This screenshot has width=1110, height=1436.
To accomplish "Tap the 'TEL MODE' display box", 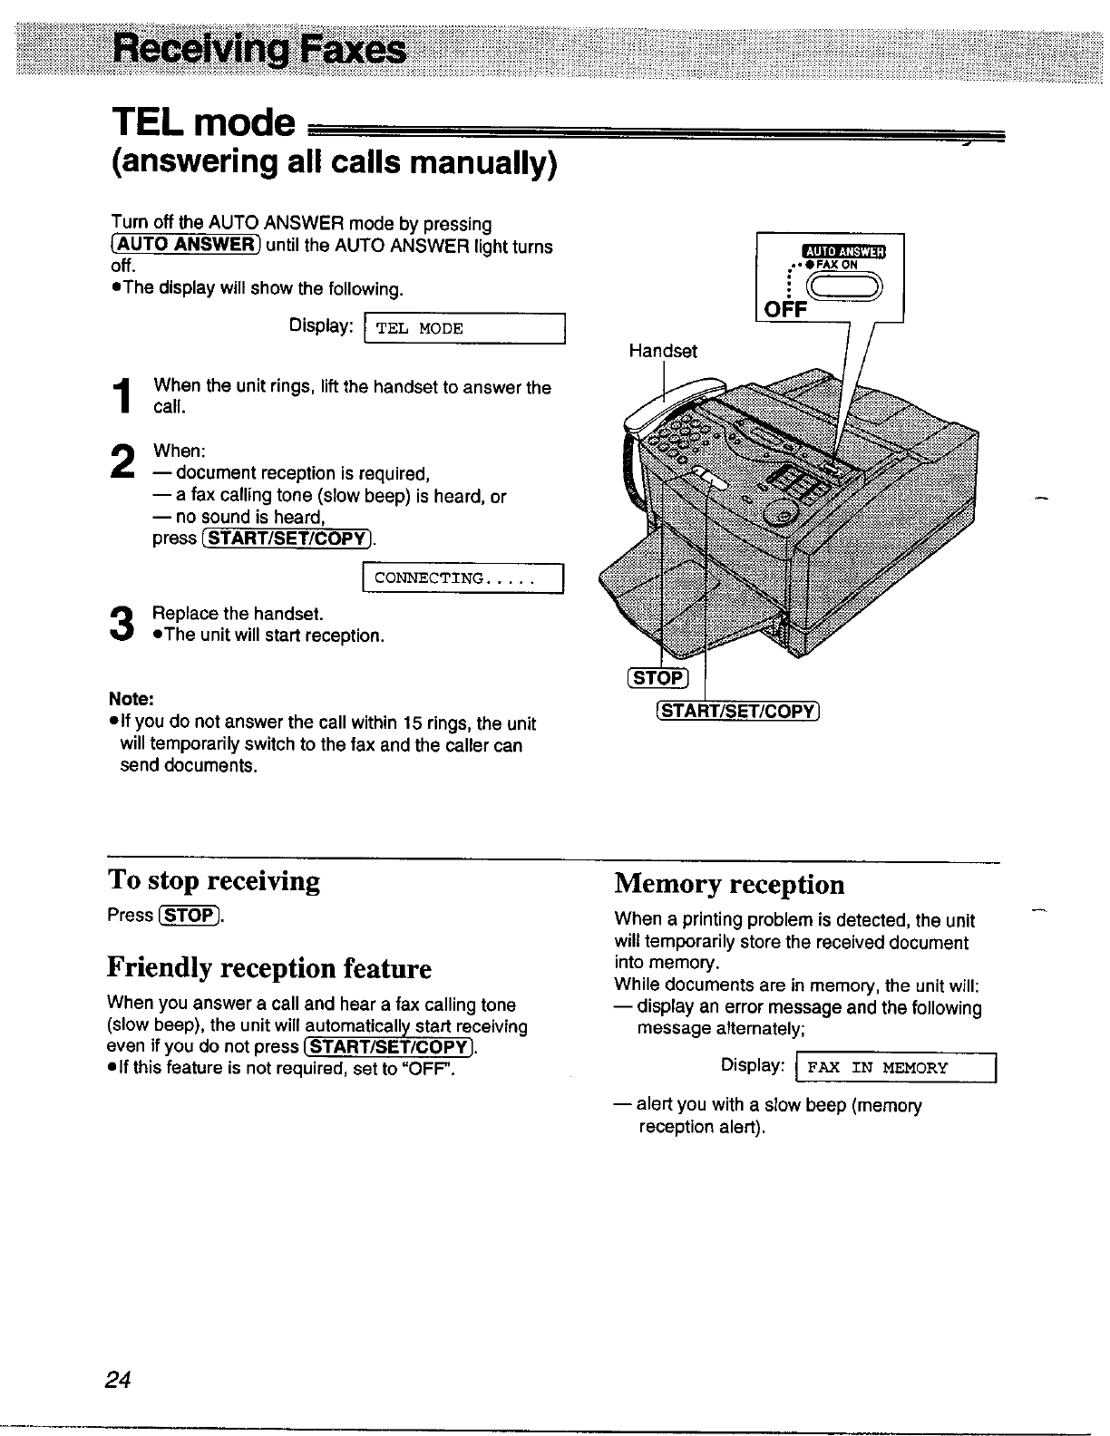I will click(x=463, y=328).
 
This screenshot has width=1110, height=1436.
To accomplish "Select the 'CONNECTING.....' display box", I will click(x=463, y=578).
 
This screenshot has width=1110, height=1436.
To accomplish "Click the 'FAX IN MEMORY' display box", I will click(x=895, y=1068).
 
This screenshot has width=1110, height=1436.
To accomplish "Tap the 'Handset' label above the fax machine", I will click(x=663, y=351).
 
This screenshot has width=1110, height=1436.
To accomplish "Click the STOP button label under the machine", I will click(x=658, y=678).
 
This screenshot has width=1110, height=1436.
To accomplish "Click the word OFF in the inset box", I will click(x=784, y=310).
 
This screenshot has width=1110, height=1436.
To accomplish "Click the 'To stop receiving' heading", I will click(x=213, y=881).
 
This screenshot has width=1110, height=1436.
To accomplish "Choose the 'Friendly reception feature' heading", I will click(x=268, y=968).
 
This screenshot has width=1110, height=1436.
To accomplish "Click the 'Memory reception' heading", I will click(x=729, y=884).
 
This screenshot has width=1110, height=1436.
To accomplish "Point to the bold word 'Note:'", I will click(x=131, y=699).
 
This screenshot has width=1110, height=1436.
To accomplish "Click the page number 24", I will click(x=119, y=1380).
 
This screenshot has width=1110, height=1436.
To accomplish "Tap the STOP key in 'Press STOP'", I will click(x=190, y=916).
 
